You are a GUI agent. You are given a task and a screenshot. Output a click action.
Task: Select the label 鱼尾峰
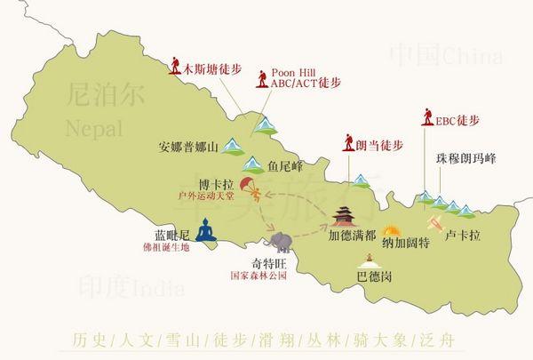coord(285,165)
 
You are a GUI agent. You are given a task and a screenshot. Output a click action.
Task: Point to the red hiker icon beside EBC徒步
coord(428,120)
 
